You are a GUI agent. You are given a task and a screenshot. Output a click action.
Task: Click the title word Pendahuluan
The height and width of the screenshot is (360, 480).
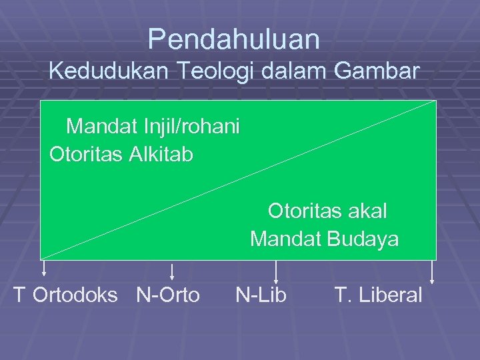click(234, 40)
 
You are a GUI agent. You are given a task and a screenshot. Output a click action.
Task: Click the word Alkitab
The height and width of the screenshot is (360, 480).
click(162, 155)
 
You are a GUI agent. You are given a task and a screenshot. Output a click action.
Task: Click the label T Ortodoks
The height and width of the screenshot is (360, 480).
click(65, 295)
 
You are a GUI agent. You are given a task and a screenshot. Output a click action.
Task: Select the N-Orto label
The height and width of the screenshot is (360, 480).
click(168, 295)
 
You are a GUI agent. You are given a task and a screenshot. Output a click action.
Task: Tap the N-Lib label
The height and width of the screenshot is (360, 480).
click(261, 295)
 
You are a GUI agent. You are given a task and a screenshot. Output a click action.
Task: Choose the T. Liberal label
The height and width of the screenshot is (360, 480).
click(379, 295)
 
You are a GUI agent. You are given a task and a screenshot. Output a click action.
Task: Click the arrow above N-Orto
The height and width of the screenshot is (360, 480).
click(172, 271)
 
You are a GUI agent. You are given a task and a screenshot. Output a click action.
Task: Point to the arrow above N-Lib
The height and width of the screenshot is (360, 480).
click(276, 270)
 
